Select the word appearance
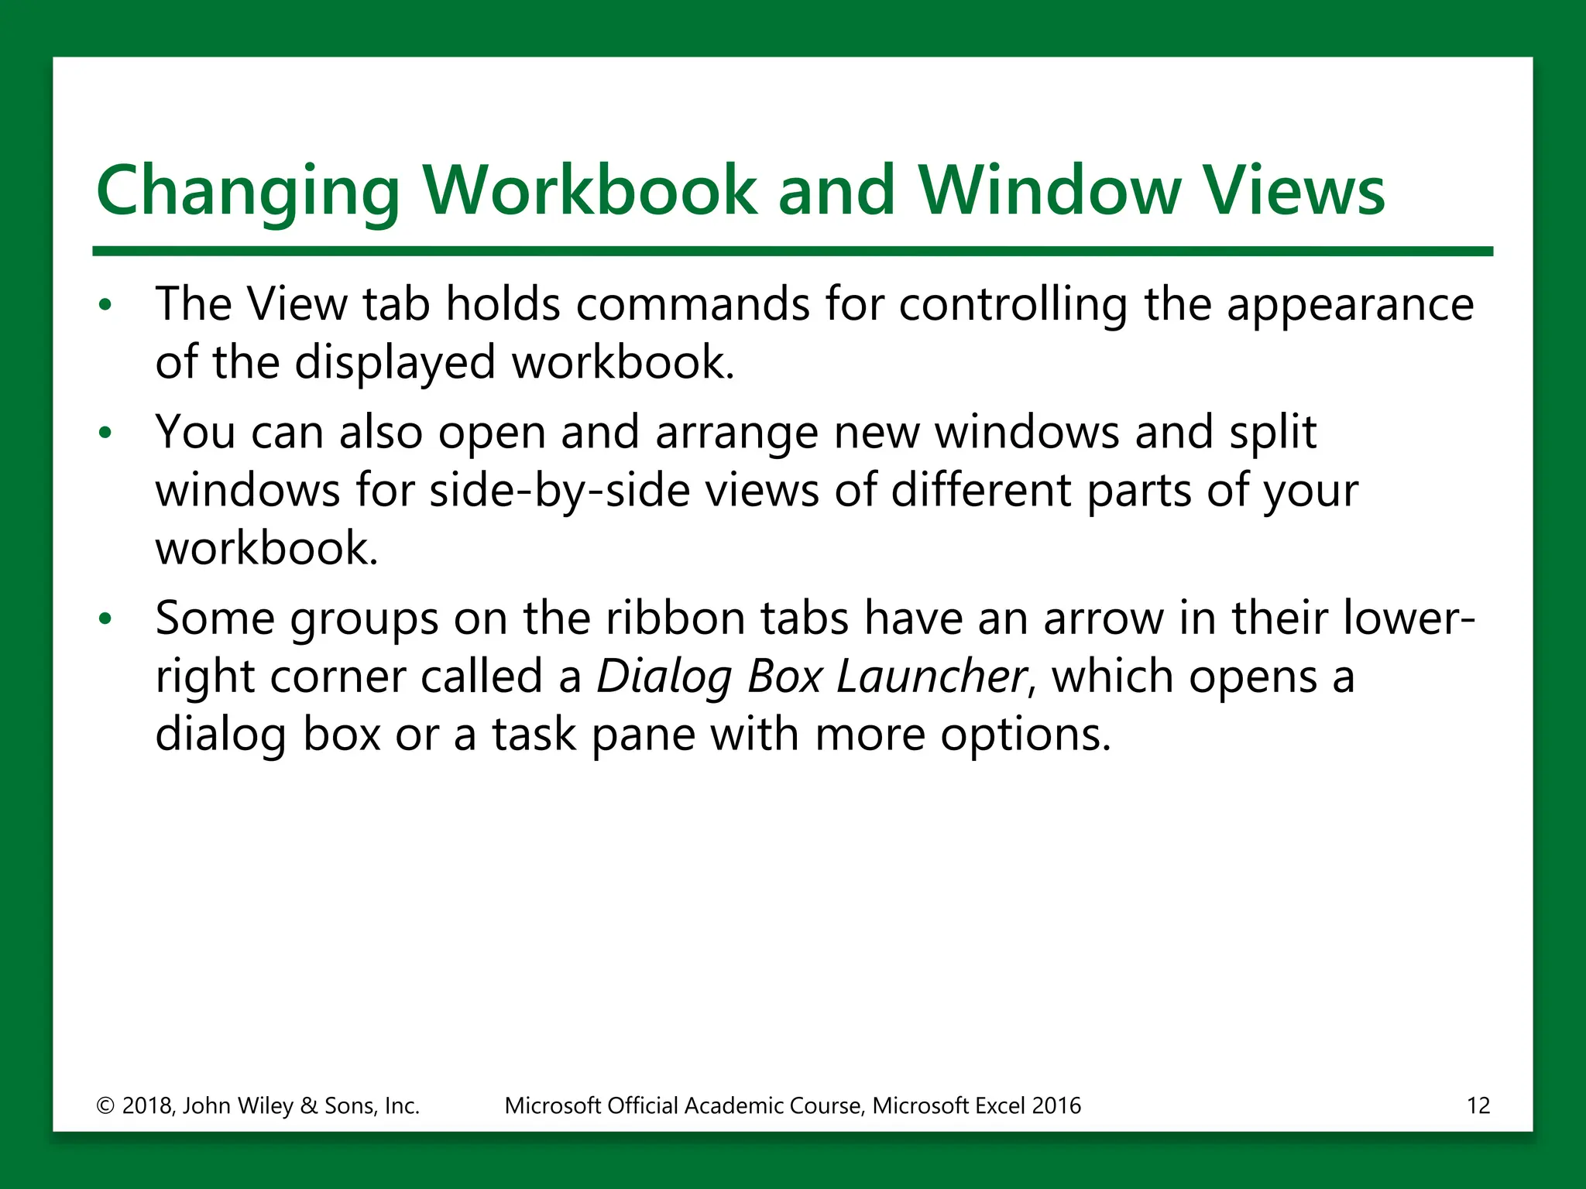pyautogui.click(x=1350, y=305)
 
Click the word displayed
pyautogui.click(x=395, y=362)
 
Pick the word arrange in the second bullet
pyautogui.click(x=736, y=433)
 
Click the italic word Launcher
pyautogui.click(x=932, y=677)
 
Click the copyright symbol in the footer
pyautogui.click(x=105, y=1105)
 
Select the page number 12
pyautogui.click(x=1478, y=1105)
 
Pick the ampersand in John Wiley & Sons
pyautogui.click(x=308, y=1105)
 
